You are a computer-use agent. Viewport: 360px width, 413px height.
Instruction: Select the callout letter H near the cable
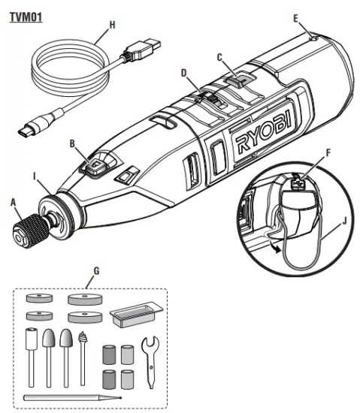coord(112,24)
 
